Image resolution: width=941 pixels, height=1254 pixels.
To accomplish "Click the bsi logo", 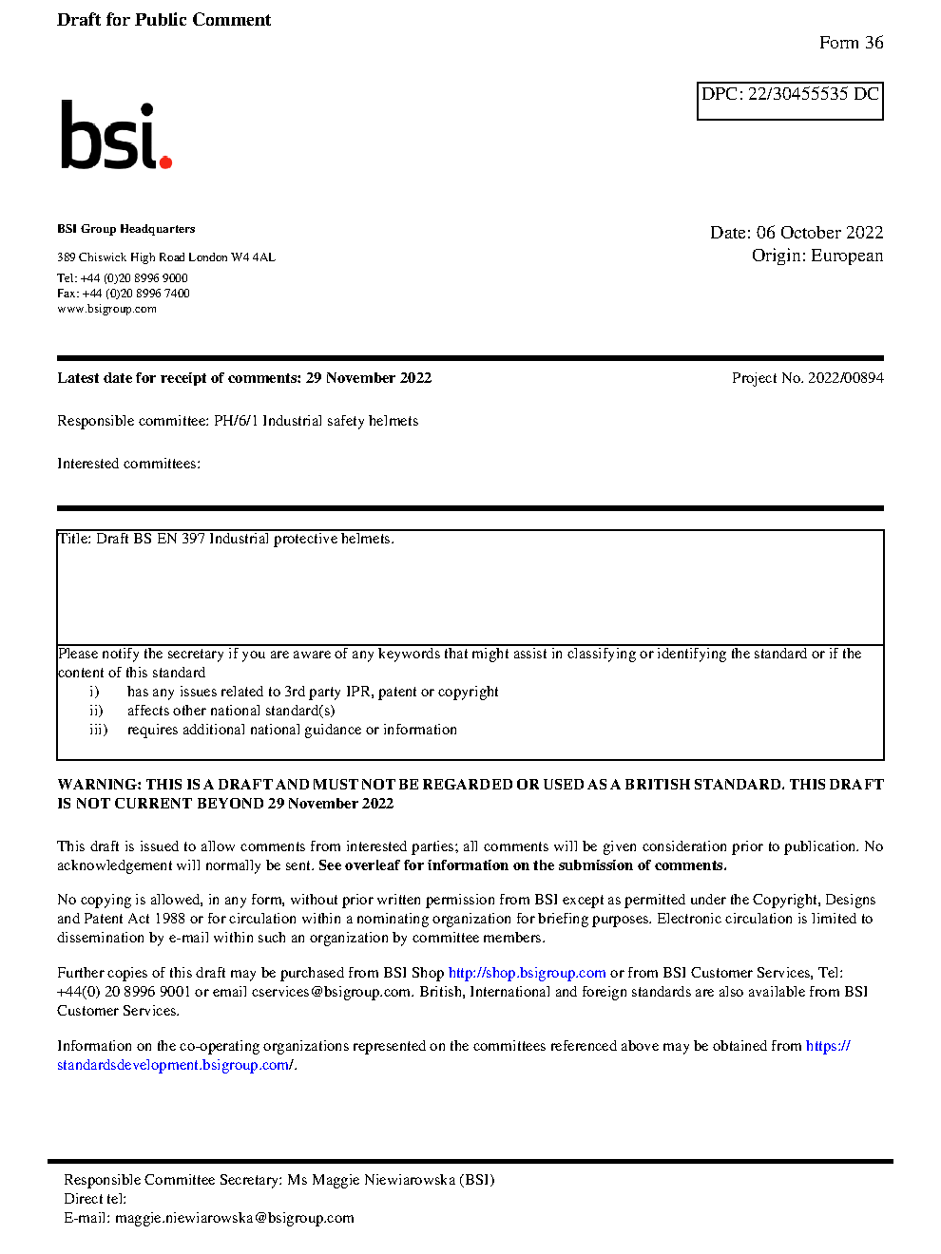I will coord(114,136).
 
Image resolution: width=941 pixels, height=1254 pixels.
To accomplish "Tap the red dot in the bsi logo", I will coord(166,162).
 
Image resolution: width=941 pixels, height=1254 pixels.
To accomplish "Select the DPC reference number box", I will coord(790,100).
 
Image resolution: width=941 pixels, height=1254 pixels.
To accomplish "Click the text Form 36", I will coord(851,43).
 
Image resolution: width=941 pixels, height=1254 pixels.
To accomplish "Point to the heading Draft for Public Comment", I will coord(163,20).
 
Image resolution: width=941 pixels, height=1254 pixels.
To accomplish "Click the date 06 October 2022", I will coord(819,233).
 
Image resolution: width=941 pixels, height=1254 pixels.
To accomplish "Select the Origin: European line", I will coord(816,256).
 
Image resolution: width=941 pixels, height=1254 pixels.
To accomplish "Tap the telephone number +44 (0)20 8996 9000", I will coord(134,278).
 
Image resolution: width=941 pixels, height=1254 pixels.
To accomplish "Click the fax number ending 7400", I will coord(136,294).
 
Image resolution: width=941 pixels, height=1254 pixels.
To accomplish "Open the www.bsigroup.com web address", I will coord(106,309).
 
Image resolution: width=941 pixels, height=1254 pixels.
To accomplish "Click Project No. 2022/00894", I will coord(807,378).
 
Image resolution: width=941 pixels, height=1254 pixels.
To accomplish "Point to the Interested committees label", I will coord(128,464).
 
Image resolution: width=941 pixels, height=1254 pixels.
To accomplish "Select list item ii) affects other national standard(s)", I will coord(230,711).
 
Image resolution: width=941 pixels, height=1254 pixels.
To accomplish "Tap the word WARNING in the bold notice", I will coord(99,785).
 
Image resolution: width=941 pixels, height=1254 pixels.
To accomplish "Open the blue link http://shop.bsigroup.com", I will coord(527,973).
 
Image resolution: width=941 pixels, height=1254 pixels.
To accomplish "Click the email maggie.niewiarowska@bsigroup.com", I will coord(234,1218).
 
